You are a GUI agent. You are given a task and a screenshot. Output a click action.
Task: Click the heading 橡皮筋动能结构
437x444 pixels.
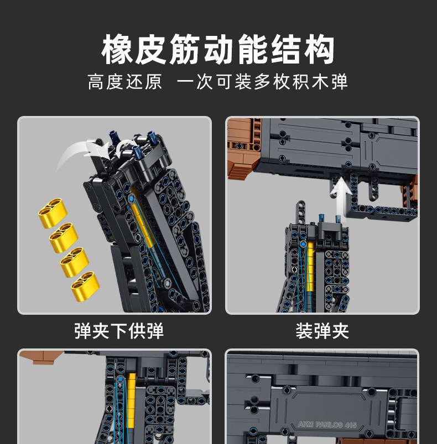point(218,50)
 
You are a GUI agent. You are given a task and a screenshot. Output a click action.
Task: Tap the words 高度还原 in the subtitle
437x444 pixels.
point(125,82)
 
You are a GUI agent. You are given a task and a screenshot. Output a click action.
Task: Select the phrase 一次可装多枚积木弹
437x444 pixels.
point(262,82)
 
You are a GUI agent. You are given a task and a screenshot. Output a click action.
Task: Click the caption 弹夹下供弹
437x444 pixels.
point(119,331)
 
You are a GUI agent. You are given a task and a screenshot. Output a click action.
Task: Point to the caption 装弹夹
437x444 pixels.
point(322,331)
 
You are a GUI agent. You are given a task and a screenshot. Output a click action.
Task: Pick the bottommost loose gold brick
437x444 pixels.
point(86,287)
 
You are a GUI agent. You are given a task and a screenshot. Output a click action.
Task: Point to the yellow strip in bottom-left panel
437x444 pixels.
point(131,400)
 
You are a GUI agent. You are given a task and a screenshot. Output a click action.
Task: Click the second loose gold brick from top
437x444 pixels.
point(64,237)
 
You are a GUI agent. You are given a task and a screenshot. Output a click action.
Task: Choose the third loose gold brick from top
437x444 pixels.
point(75,261)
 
